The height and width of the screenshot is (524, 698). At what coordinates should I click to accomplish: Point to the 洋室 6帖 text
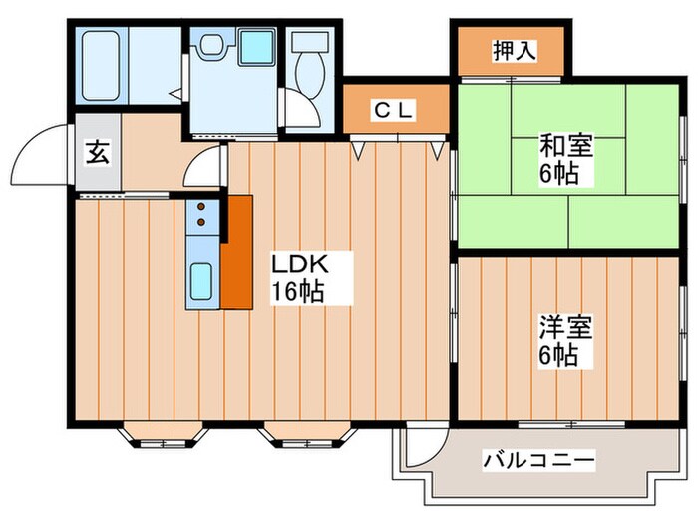565,341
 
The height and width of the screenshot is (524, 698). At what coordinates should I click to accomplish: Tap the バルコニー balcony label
538,461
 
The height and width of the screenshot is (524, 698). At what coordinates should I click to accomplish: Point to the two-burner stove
201,216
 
